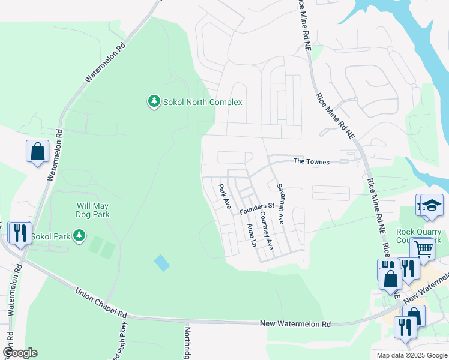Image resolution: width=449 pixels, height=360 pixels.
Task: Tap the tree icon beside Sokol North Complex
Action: [154, 101]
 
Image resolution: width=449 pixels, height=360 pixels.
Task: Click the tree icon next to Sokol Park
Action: [78, 235]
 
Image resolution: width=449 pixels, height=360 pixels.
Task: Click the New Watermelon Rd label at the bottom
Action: [295, 324]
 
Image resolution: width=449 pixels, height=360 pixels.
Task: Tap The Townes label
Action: [311, 162]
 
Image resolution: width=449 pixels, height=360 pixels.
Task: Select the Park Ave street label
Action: [225, 196]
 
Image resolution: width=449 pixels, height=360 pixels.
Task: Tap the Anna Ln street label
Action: [252, 235]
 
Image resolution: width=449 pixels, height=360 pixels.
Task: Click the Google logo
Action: [20, 353]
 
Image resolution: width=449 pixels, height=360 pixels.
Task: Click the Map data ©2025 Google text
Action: [411, 355]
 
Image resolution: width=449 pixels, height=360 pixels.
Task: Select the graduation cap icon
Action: [432, 205]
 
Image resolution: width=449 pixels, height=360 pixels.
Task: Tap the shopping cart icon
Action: [424, 248]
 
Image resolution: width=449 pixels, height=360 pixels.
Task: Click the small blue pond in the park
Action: [161, 263]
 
